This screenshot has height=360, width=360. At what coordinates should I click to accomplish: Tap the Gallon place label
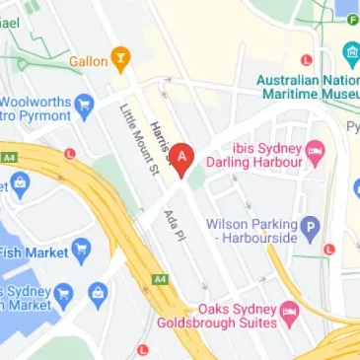88,61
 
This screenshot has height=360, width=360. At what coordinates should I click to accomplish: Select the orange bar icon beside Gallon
120,59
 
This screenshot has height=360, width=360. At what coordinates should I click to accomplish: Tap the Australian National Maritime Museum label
306,86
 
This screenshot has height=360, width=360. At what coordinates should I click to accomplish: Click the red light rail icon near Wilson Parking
329,250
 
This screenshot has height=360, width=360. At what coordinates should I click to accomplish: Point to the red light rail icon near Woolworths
69,154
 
